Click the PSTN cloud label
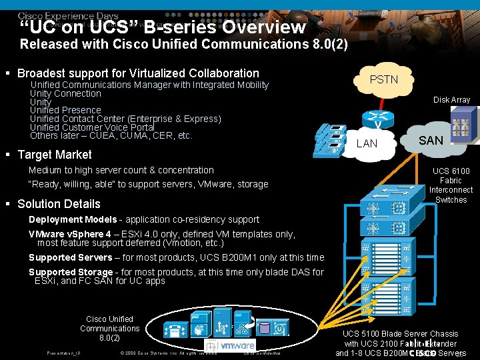pos(383,79)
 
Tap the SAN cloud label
pos(430,140)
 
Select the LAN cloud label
pos(367,143)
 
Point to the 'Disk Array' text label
pos(451,100)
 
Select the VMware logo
pos(230,345)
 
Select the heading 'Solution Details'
pos(59,204)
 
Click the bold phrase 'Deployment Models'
pos(73,219)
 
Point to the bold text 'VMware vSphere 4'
pos(70,234)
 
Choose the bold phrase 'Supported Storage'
pos(70,272)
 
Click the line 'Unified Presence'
pos(65,110)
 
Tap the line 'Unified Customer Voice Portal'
pos(92,127)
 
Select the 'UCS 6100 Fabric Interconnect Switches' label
pos(451,185)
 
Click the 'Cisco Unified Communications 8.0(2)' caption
pos(109,328)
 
